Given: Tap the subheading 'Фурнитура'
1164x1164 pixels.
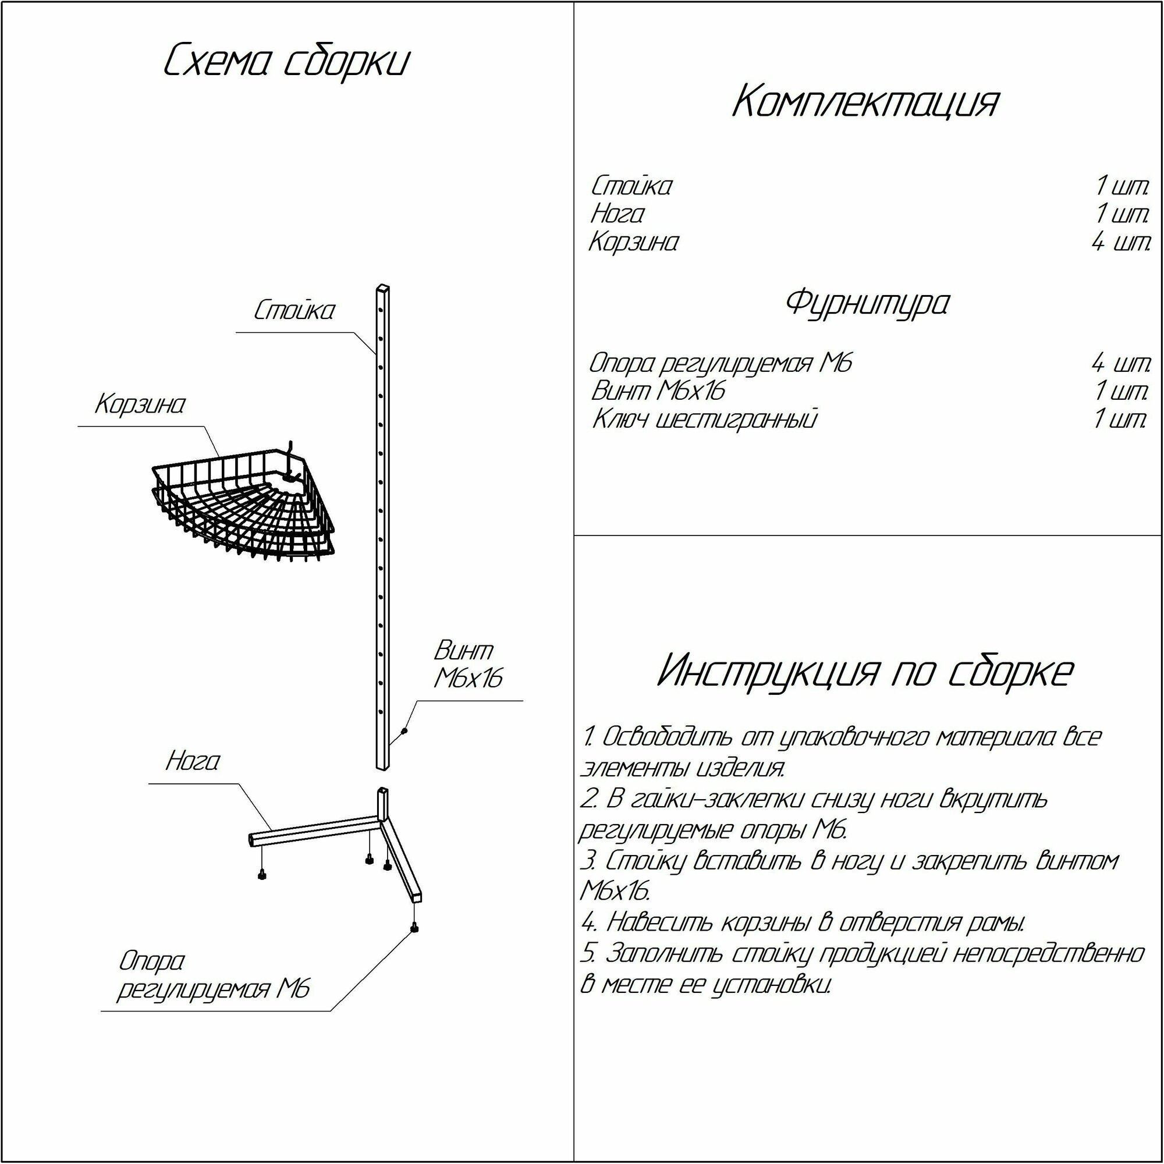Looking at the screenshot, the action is coord(867,303).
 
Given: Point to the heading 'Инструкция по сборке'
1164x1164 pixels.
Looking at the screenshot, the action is coord(865,672).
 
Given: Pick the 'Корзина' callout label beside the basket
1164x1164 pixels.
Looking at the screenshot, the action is coord(140,404).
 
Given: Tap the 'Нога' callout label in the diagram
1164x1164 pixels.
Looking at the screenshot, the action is coord(193,761).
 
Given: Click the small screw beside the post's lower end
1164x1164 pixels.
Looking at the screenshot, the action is coord(404,732).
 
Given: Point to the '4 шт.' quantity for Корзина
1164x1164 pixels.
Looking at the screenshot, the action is coord(1120,243).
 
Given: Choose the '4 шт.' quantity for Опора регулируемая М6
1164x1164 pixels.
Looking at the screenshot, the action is coord(1120,363).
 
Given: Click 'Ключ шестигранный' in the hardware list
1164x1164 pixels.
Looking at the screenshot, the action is coord(705,419).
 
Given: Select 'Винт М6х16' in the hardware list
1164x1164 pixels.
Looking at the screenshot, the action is coord(658,391).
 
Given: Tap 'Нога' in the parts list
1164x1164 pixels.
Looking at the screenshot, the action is coord(617,214).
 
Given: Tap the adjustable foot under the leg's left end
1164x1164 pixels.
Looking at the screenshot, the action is coord(262,875).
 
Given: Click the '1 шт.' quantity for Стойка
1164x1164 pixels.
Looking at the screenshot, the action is coord(1122,186).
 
